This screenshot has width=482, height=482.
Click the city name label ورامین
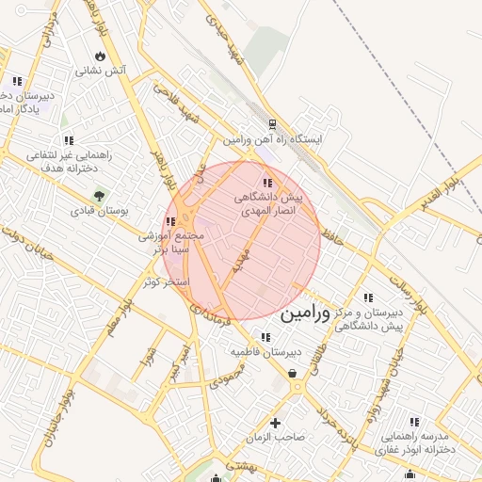[x=306, y=313]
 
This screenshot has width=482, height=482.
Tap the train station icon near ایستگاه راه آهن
[x=272, y=123]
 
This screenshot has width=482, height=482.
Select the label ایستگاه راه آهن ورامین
[x=273, y=139]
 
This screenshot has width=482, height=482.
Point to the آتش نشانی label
[x=102, y=70]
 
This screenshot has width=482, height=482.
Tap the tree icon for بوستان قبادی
[x=99, y=196]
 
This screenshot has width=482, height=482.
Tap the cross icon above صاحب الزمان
[x=276, y=423]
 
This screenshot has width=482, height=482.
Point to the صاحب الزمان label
[x=276, y=438]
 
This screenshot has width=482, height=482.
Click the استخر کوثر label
[x=164, y=281]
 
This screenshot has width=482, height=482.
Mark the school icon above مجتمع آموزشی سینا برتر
[x=169, y=222]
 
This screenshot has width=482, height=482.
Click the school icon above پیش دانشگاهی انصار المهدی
[x=268, y=183]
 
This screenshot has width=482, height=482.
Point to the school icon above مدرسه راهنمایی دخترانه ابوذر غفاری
[x=414, y=422]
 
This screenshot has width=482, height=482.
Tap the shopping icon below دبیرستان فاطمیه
[x=294, y=374]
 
